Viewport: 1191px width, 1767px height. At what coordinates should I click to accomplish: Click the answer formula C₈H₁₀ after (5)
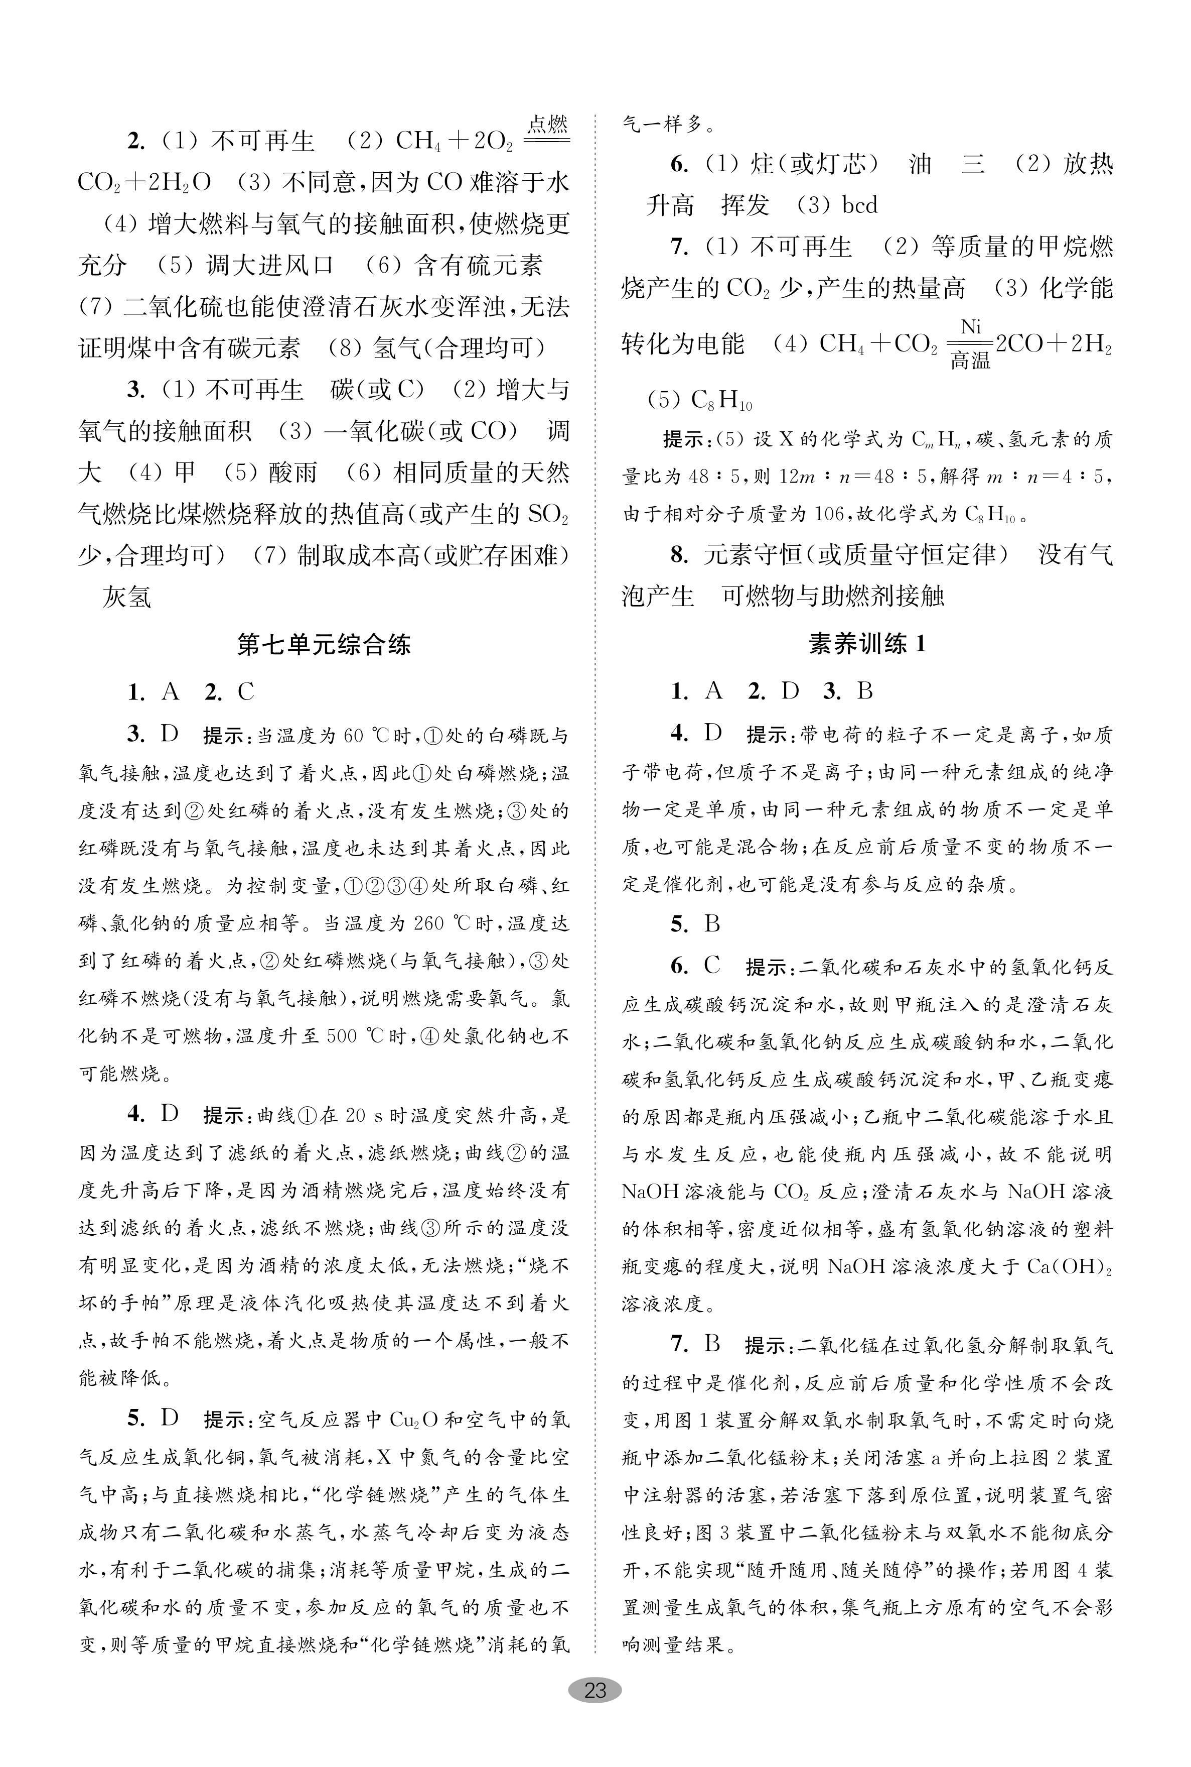[x=721, y=400]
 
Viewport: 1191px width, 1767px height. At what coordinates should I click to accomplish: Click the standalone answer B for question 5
[x=712, y=924]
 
